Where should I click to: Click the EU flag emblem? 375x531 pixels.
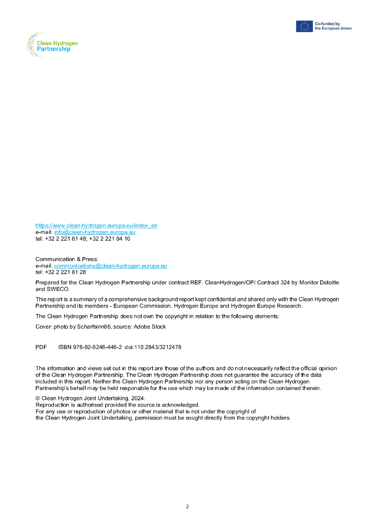304,26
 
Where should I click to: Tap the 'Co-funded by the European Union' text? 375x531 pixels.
333,26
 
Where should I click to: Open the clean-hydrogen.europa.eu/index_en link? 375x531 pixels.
96,226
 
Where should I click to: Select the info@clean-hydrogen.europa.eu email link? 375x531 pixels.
95,232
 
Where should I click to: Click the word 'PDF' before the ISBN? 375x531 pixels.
41,347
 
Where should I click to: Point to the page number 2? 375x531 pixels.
187,506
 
